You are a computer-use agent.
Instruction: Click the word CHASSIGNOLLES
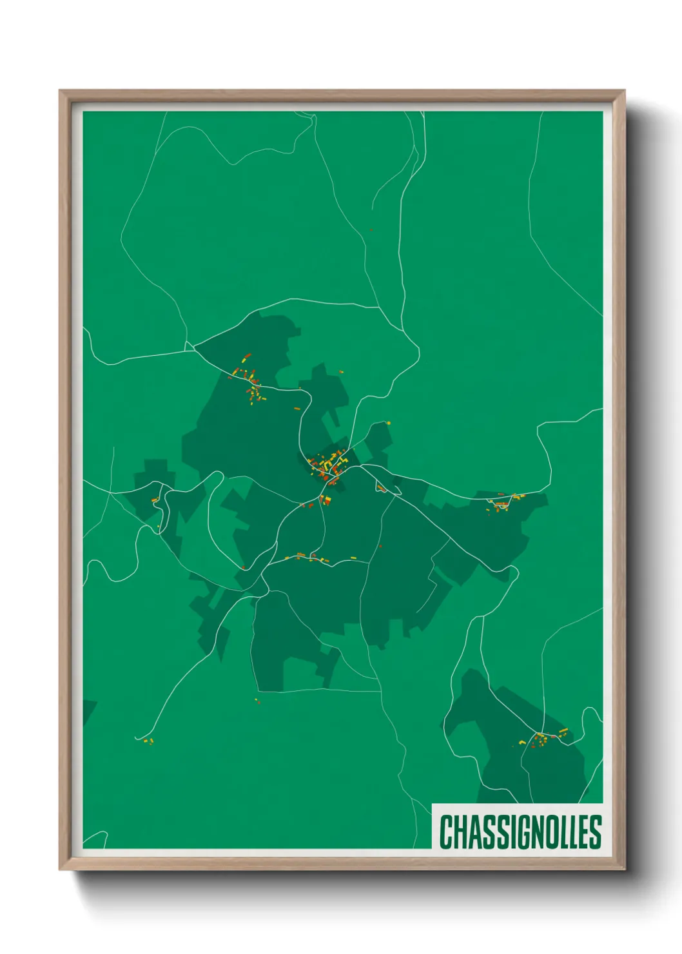520,832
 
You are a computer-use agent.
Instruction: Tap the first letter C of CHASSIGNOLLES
446,832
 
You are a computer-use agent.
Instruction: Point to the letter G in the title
520,832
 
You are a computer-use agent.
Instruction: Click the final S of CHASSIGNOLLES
595,832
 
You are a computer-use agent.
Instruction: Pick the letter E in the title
582,832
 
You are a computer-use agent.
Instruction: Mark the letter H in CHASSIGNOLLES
459,832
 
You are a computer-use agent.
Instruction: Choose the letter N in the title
533,832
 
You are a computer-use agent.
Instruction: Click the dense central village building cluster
329,465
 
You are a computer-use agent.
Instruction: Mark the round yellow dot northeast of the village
388,423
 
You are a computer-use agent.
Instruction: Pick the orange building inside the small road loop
155,500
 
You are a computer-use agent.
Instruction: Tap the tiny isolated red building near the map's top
371,229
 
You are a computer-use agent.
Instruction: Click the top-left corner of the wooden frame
60,91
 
